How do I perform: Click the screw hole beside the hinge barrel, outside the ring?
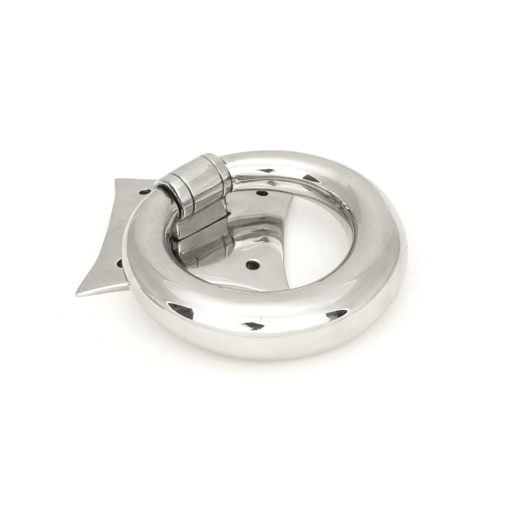(145, 191)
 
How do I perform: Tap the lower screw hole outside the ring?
(119, 263)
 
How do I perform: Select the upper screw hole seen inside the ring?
(262, 194)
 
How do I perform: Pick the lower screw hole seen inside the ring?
(251, 265)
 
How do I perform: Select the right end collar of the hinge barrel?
(219, 170)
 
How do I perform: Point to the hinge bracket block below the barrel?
(201, 227)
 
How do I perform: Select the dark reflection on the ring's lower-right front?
(337, 313)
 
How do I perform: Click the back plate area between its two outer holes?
(129, 227)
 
